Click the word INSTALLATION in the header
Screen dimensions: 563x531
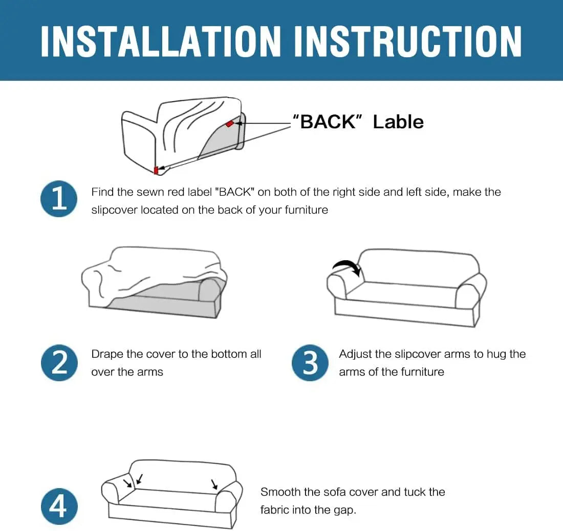pos(161,41)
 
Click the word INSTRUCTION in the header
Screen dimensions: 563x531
pos(407,41)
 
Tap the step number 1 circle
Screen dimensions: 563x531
pos(59,199)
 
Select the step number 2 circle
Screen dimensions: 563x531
pos(59,362)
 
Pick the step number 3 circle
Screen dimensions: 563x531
pos(310,362)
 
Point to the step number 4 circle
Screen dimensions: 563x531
pos(59,506)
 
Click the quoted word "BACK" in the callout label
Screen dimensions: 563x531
pos(328,122)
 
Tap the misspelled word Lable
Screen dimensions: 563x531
pos(398,122)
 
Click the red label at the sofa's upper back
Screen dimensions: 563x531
pos(230,124)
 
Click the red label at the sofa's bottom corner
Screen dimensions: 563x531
pos(156,170)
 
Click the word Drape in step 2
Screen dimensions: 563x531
pos(107,354)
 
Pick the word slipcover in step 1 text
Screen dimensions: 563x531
pos(114,210)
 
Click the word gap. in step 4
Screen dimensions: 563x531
pos(344,511)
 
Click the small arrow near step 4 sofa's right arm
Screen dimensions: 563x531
pos(214,484)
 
